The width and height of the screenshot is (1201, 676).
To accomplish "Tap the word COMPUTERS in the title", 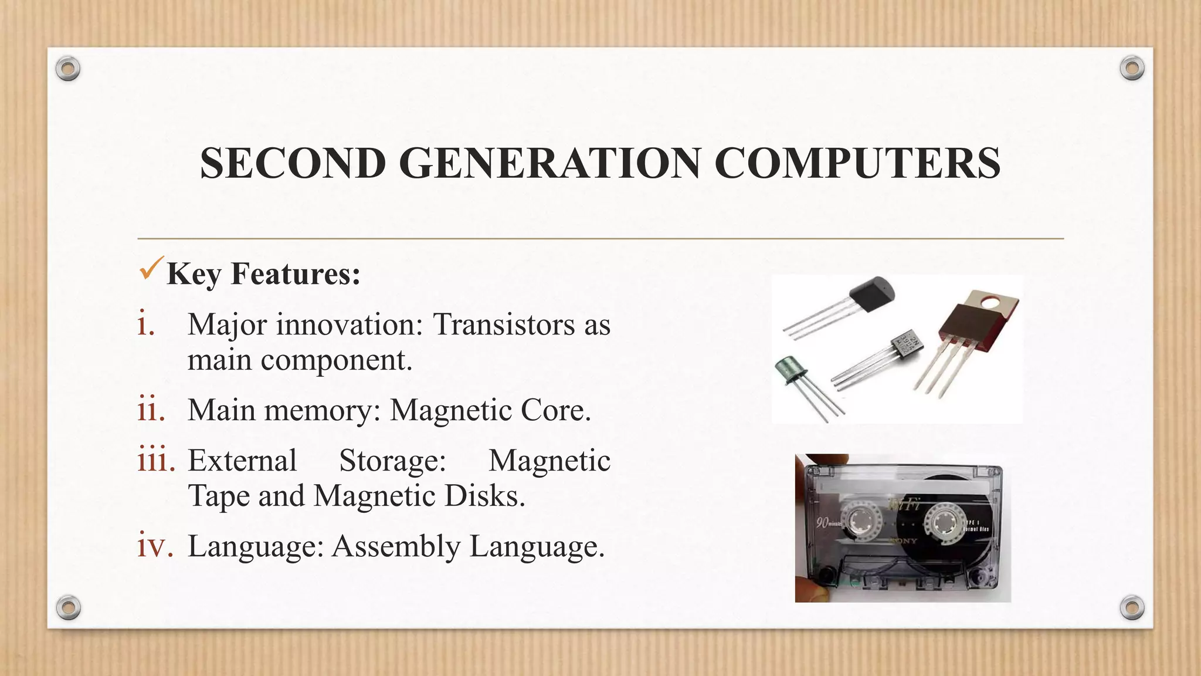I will (857, 163).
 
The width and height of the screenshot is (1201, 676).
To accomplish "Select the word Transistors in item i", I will (504, 324).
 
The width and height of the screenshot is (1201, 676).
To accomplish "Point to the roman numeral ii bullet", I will (151, 409).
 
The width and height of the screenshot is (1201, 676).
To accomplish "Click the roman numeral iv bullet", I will (155, 545).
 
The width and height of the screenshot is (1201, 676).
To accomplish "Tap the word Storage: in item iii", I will (392, 460).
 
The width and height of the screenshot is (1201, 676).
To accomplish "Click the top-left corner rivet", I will (68, 69).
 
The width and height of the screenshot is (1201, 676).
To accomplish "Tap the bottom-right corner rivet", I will (1132, 607).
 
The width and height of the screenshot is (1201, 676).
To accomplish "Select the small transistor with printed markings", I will (907, 344).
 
